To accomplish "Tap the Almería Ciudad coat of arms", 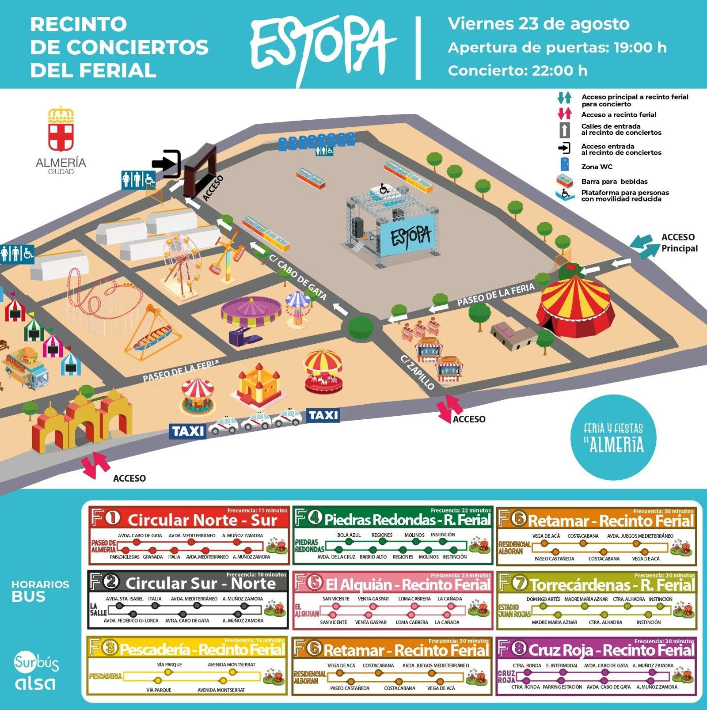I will (x=61, y=129).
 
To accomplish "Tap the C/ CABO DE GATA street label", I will (x=298, y=278).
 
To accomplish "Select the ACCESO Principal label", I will (x=679, y=243).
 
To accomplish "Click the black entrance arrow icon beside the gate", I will (x=167, y=164).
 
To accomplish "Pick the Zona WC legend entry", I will (x=597, y=167).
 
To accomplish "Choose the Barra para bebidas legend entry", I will (x=614, y=182).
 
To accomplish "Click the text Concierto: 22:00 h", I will (x=517, y=71).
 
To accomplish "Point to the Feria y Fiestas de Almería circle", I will (x=613, y=437).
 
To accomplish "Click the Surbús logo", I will (x=36, y=662).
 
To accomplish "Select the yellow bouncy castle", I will (x=259, y=384).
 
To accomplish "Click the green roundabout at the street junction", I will (x=361, y=327).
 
